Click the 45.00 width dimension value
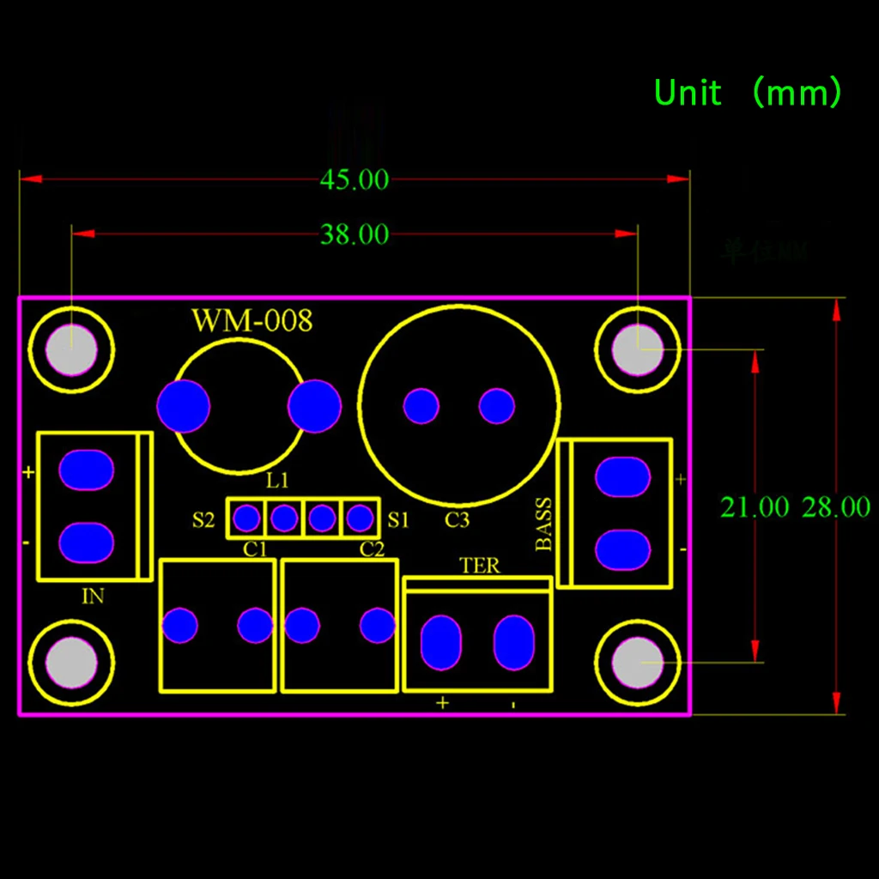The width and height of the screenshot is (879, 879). pyautogui.click(x=355, y=180)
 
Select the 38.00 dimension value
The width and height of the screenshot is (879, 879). pyautogui.click(x=355, y=234)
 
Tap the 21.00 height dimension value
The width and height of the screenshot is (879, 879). pyautogui.click(x=754, y=507)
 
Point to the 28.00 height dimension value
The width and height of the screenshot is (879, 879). pyautogui.click(x=835, y=507)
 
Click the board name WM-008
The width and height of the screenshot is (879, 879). pyautogui.click(x=252, y=321)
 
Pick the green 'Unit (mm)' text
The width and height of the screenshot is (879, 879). pyautogui.click(x=748, y=93)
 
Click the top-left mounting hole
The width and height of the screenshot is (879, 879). pyautogui.click(x=71, y=350)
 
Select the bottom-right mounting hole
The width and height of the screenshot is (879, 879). pyautogui.click(x=638, y=663)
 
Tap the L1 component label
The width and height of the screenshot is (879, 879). pyautogui.click(x=277, y=481)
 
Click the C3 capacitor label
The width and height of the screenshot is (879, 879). pyautogui.click(x=457, y=519)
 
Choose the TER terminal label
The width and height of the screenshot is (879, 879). pyautogui.click(x=480, y=566)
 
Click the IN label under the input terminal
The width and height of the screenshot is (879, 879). pyautogui.click(x=93, y=597)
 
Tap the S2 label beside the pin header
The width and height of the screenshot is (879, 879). pyautogui.click(x=203, y=519)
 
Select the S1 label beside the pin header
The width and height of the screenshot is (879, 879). pyautogui.click(x=398, y=519)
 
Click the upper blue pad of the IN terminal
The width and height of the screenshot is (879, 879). pyautogui.click(x=86, y=470)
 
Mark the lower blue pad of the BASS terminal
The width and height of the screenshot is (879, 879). pyautogui.click(x=622, y=549)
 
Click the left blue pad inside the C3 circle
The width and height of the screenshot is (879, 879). pyautogui.click(x=421, y=406)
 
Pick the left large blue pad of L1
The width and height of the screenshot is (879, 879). pyautogui.click(x=184, y=406)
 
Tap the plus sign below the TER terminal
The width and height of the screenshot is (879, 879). pyautogui.click(x=442, y=703)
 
